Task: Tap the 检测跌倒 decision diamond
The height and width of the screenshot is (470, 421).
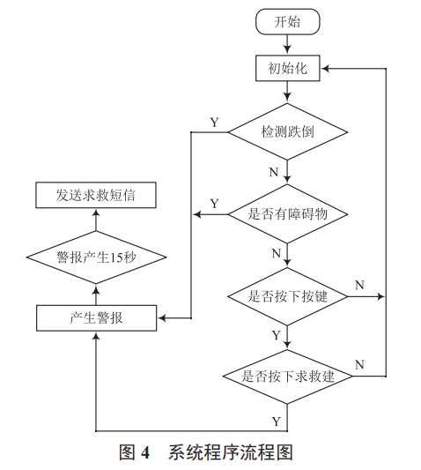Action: [288, 131]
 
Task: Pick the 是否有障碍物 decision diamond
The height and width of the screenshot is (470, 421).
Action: [288, 213]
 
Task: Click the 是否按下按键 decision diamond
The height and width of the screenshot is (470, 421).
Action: [288, 296]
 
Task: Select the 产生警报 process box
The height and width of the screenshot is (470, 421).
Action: [97, 317]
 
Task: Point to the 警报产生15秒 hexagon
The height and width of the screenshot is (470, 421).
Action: [97, 257]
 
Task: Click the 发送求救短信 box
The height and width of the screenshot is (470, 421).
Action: [97, 195]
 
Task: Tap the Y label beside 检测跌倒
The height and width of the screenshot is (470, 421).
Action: [214, 122]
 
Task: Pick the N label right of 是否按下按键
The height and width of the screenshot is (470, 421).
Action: [359, 285]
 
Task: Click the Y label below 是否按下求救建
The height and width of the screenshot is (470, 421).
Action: [276, 418]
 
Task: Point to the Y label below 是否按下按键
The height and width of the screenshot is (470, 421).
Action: [276, 336]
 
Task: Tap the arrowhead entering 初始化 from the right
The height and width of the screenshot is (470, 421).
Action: [328, 67]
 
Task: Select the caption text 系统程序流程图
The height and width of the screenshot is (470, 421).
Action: [230, 452]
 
